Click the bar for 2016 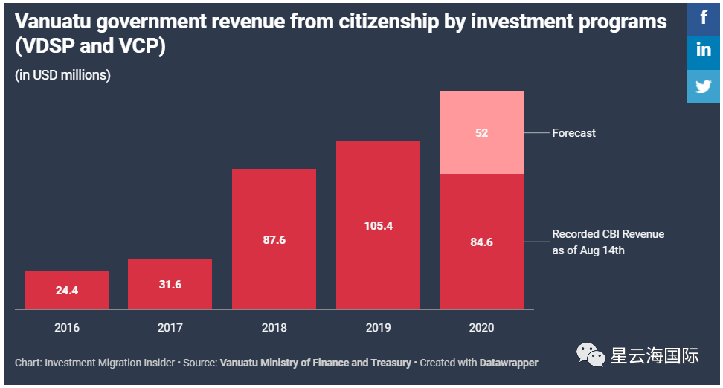67,290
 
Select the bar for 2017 170,284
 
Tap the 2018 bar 274,239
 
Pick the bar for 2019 378,224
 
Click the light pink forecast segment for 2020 481,132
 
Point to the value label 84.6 481,241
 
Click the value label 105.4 378,225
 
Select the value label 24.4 67,291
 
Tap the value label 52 481,133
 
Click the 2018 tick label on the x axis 274,327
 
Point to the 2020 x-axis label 481,327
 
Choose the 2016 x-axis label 67,327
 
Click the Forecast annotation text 573,133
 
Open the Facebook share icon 704,16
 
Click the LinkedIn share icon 704,51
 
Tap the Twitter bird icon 704,85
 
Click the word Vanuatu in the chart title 51,22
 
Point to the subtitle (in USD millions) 62,75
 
